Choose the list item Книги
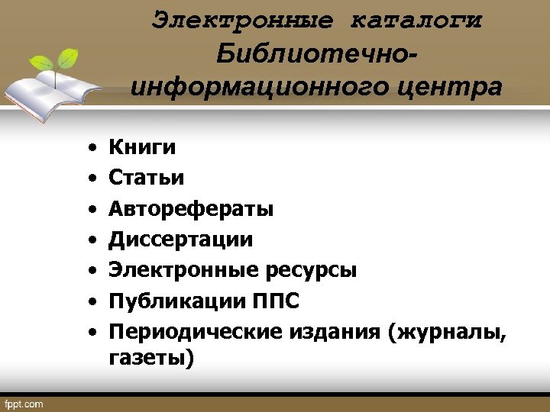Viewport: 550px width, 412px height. [x=142, y=146]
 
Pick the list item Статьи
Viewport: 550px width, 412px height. [x=146, y=178]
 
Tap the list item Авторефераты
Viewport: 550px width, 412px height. [x=192, y=208]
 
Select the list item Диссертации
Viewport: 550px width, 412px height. [x=180, y=240]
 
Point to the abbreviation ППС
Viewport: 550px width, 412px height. [x=276, y=301]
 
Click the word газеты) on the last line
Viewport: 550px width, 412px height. [x=151, y=357]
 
